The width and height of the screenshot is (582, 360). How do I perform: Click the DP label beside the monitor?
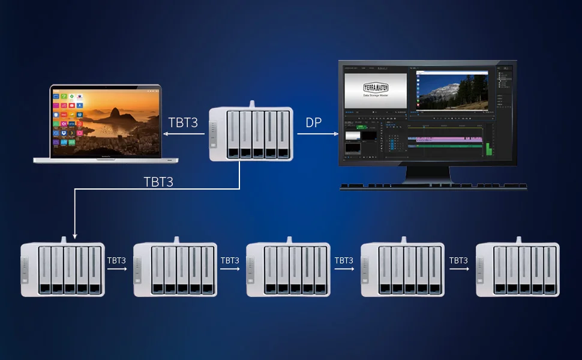pos(314,122)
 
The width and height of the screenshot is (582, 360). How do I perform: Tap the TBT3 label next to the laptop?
pos(182,122)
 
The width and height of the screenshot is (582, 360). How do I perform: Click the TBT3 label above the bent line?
pos(158,182)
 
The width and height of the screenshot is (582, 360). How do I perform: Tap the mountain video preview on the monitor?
pos(452,91)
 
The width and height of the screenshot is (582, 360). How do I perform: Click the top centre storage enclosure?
pos(251,134)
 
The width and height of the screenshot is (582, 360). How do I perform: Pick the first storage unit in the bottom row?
pos(62,269)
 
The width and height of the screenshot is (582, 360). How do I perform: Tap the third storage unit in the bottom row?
pos(289,269)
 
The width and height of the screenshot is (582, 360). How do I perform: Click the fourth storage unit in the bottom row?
pos(403,269)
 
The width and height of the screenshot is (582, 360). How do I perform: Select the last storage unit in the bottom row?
pos(517,269)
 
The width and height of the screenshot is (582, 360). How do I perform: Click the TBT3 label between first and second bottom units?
pos(116,261)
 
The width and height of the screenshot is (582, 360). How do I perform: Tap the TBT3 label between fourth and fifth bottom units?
pos(458,261)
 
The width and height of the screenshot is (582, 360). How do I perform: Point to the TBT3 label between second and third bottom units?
pos(230,261)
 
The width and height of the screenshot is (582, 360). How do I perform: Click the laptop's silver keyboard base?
pos(106,160)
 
